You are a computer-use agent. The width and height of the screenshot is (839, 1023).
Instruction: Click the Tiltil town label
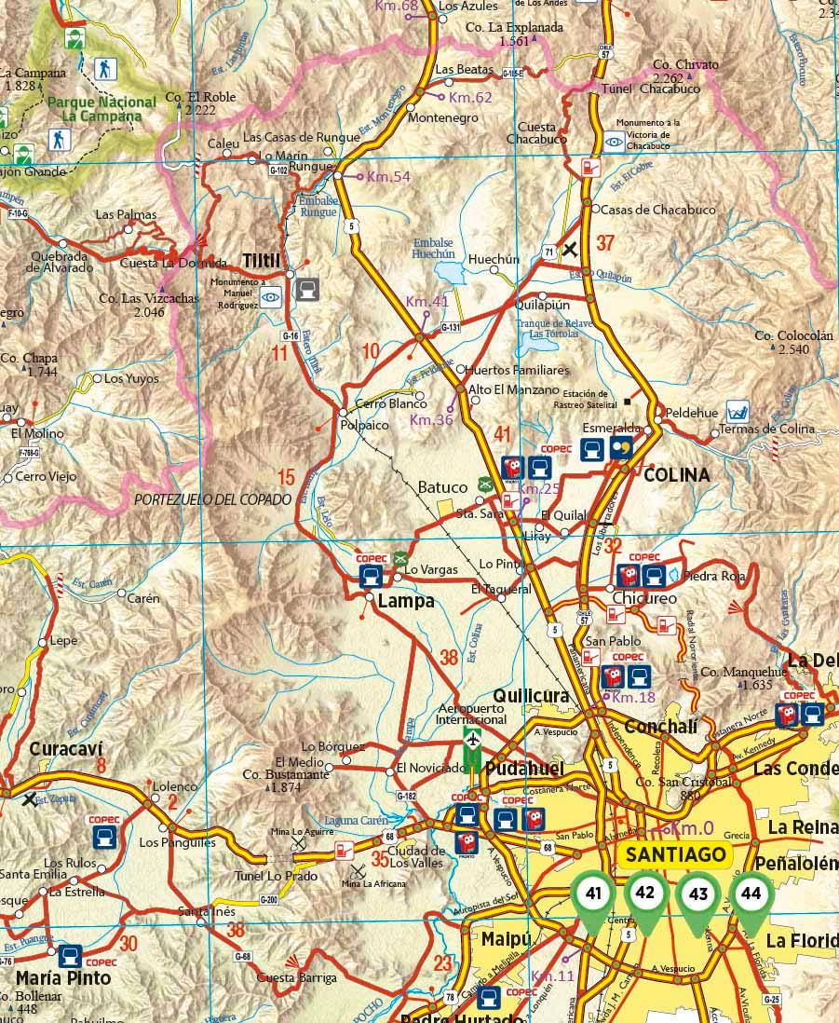(x=262, y=260)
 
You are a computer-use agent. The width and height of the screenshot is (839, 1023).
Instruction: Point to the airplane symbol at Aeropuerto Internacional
(x=473, y=741)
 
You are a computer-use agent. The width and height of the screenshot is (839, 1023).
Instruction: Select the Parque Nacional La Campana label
(x=95, y=109)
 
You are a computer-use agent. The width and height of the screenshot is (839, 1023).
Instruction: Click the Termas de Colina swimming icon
(x=738, y=410)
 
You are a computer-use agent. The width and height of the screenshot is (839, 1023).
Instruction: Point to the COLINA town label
(x=677, y=475)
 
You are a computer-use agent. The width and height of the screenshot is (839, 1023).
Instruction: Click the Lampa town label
(x=406, y=602)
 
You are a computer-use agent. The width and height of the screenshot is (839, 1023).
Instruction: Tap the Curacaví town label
(x=65, y=749)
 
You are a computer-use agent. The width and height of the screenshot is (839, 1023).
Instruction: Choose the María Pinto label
(x=63, y=978)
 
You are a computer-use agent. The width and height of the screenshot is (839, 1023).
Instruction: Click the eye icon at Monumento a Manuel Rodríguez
(x=271, y=298)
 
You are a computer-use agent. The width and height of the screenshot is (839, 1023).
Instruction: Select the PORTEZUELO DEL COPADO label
(x=213, y=499)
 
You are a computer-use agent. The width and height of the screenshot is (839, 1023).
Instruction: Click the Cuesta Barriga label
(x=298, y=978)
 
